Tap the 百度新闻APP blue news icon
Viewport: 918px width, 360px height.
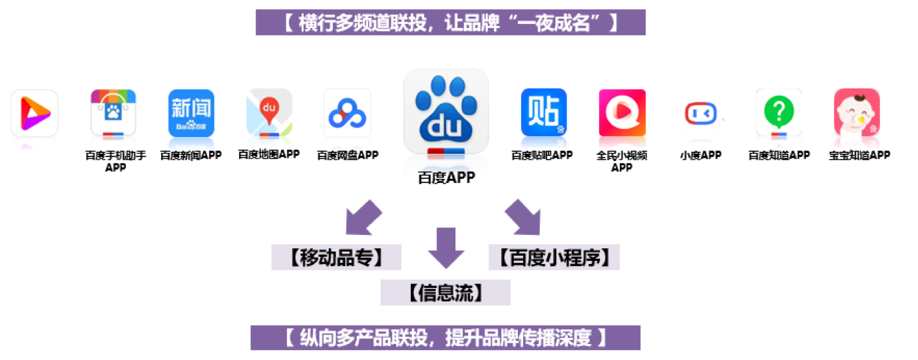pos(191,113)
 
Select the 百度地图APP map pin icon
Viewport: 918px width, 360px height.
pos(269,112)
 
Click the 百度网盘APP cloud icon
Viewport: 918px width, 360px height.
pos(347,113)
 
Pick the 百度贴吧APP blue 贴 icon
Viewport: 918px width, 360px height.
pos(543,112)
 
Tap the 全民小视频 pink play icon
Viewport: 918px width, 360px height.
pos(622,112)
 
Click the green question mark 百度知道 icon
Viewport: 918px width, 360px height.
pos(779,112)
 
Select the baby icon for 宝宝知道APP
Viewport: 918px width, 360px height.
pos(857,112)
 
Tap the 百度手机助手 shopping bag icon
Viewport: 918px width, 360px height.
pos(113,113)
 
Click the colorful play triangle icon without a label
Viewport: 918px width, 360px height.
pos(34,113)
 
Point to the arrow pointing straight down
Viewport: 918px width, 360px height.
pos(445,248)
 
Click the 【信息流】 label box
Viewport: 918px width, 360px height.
pos(445,293)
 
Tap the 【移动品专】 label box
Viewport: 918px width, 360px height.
pos(336,258)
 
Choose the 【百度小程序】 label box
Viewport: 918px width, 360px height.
pos(554,258)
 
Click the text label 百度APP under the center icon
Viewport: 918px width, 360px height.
pos(446,178)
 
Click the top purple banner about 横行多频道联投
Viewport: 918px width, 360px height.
pos(451,23)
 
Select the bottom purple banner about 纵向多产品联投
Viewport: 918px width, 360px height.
pos(445,338)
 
